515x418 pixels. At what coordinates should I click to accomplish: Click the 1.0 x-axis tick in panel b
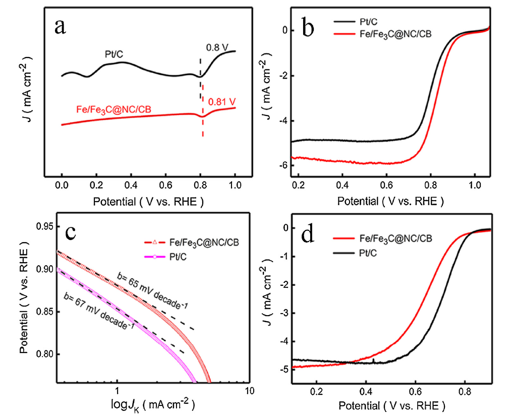tap(476, 185)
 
